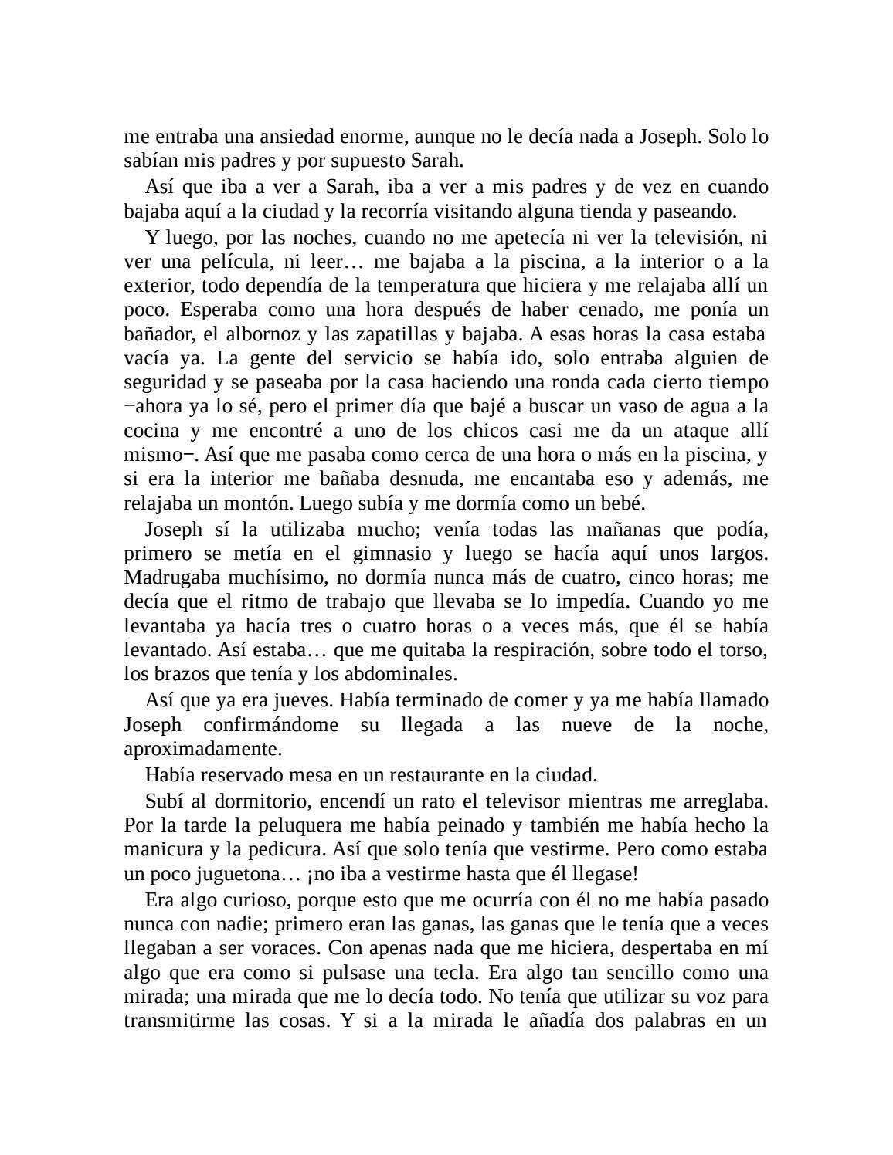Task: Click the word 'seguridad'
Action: coord(161,382)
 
